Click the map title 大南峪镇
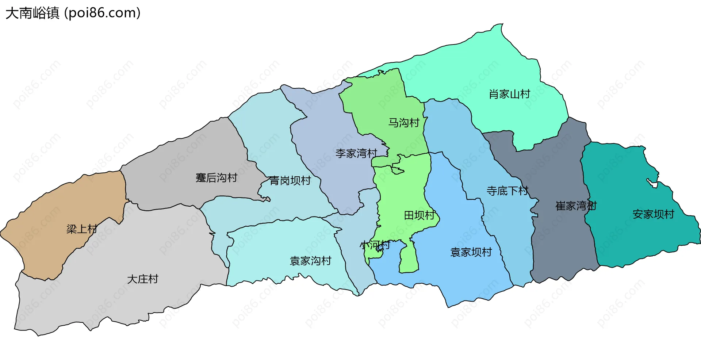(x=32, y=13)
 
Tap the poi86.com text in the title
(x=102, y=13)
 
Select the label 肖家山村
(x=509, y=94)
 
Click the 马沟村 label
(x=403, y=123)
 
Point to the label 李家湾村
(x=356, y=153)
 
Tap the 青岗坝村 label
(x=290, y=180)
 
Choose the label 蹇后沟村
(x=217, y=178)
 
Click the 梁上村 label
(x=82, y=229)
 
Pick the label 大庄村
(x=142, y=279)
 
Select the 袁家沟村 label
(x=310, y=261)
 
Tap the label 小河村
(x=375, y=245)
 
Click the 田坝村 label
(x=420, y=215)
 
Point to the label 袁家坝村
(x=471, y=252)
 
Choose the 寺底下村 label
(x=507, y=191)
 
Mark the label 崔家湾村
(x=576, y=206)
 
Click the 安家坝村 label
(x=653, y=214)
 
